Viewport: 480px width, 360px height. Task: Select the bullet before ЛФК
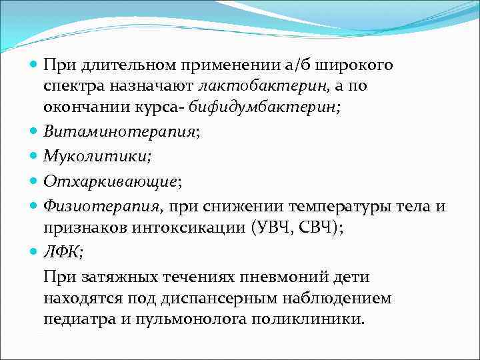click(x=35, y=251)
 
